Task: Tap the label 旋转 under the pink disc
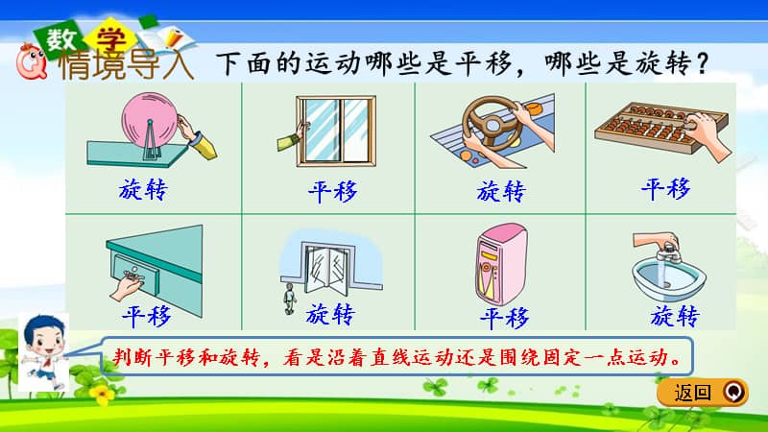point(144,190)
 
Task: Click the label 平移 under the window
point(332,192)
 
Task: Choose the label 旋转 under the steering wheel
point(501,190)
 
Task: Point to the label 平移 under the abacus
point(665,189)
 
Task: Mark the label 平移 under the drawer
point(146,317)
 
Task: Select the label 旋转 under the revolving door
point(330,315)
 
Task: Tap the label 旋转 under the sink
point(675,316)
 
